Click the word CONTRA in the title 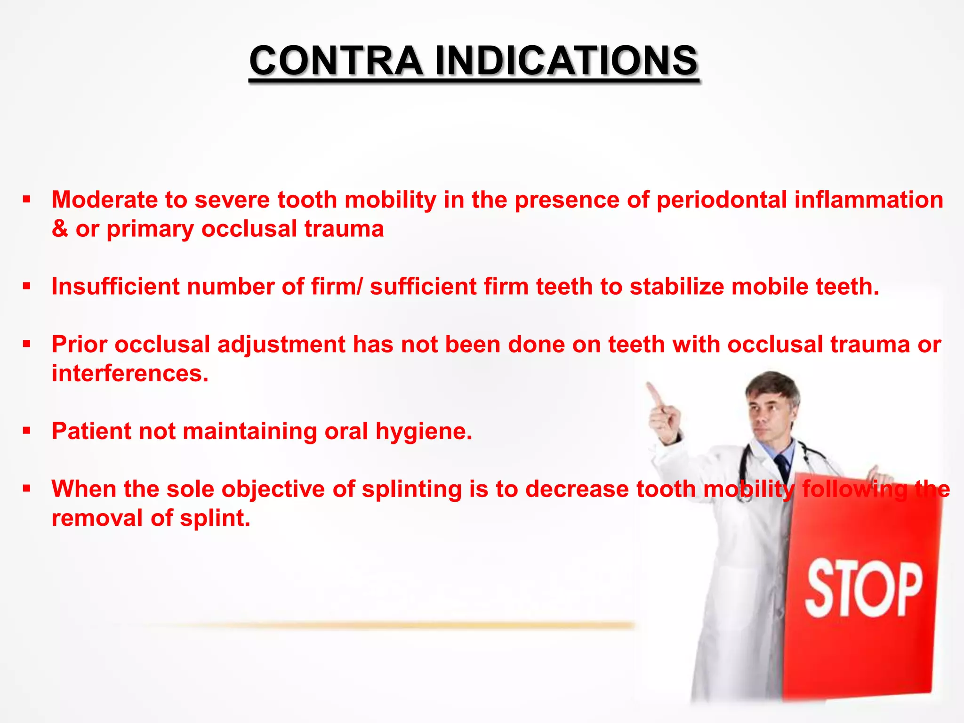point(336,61)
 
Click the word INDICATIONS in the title point(566,61)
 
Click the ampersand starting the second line point(60,229)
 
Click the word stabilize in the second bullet point(676,286)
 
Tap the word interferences point(130,373)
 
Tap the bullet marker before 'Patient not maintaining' point(26,431)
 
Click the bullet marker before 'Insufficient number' point(26,286)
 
